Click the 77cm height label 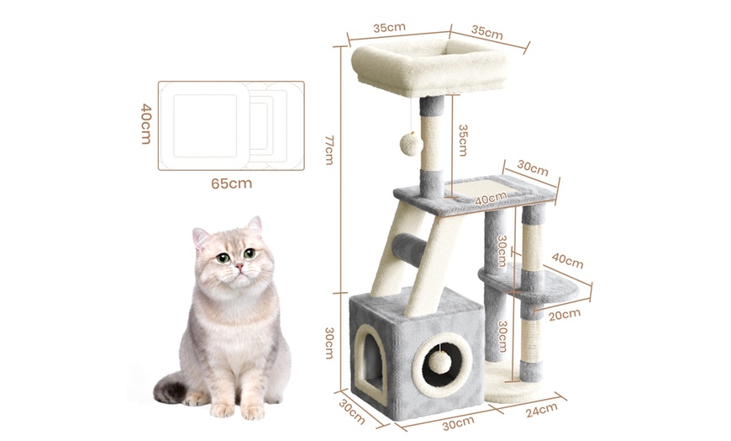[x=329, y=150]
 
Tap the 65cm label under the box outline [x=231, y=183]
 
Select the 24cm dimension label [x=542, y=410]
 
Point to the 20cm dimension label [x=565, y=315]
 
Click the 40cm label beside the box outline [x=146, y=124]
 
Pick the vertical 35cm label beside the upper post [x=462, y=141]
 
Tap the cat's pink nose [x=239, y=266]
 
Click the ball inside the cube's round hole [x=439, y=363]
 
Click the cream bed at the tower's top [x=429, y=66]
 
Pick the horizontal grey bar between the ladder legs [x=409, y=250]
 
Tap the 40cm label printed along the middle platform [x=491, y=199]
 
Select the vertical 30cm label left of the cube [x=329, y=343]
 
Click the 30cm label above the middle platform [x=533, y=168]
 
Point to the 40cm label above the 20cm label [x=567, y=261]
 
